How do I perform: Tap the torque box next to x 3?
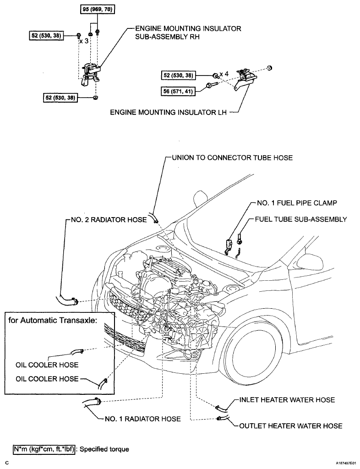pos(46,36)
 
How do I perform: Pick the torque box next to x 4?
pos(178,75)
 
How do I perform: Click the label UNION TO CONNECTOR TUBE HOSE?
pos(232,158)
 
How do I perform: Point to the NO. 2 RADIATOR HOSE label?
pos(109,220)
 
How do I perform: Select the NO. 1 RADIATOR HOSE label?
pos(143,419)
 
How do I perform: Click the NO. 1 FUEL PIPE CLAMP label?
pos(297,203)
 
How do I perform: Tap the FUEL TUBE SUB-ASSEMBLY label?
pos(301,219)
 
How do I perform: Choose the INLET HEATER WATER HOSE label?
pos(287,400)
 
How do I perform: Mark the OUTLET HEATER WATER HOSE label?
pos(291,425)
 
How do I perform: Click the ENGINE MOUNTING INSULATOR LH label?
pos(169,113)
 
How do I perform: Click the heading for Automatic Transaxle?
pos(53,320)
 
